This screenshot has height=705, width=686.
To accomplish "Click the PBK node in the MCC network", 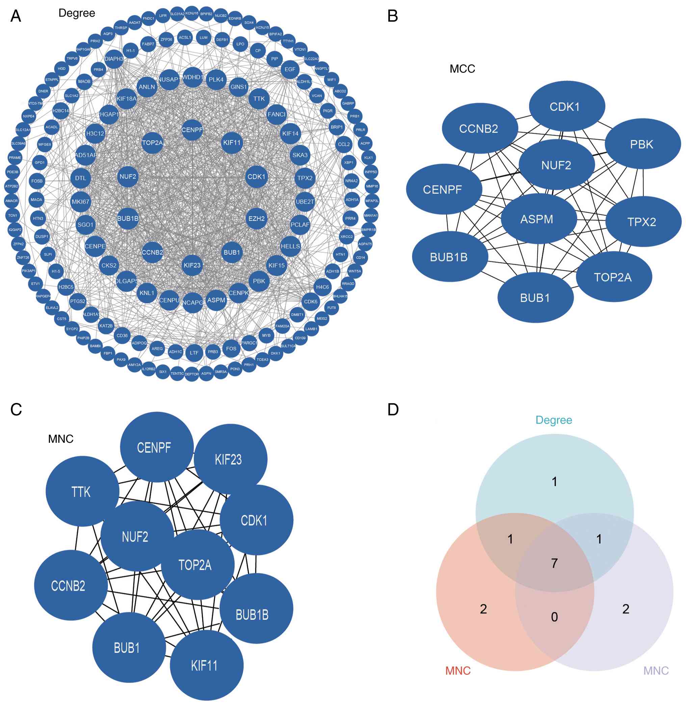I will (642, 144).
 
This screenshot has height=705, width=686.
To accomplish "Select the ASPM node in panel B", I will (536, 219).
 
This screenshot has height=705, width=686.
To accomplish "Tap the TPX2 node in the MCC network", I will (642, 221).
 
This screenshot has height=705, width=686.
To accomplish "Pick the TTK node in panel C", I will (81, 492).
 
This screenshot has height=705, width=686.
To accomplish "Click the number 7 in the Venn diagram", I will (554, 563).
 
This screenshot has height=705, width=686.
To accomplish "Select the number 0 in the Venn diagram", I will (554, 617).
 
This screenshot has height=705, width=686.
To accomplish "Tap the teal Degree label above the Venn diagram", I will (554, 420).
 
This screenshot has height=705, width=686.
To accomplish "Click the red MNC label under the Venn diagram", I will (458, 671).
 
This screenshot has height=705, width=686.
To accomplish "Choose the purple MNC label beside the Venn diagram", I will (656, 671).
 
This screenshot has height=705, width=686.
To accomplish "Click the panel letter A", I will (16, 16).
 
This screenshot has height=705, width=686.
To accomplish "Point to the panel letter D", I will (393, 410).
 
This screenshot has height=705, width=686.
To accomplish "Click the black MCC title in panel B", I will (462, 69).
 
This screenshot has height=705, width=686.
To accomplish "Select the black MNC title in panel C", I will (61, 439).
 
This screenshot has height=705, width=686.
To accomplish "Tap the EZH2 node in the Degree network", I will (257, 219).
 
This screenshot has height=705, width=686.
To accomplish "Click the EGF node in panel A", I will (290, 69).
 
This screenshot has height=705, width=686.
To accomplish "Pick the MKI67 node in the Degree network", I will (80, 202).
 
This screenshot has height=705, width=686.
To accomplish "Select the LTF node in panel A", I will (194, 353).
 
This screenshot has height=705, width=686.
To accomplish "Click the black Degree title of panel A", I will (77, 13).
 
